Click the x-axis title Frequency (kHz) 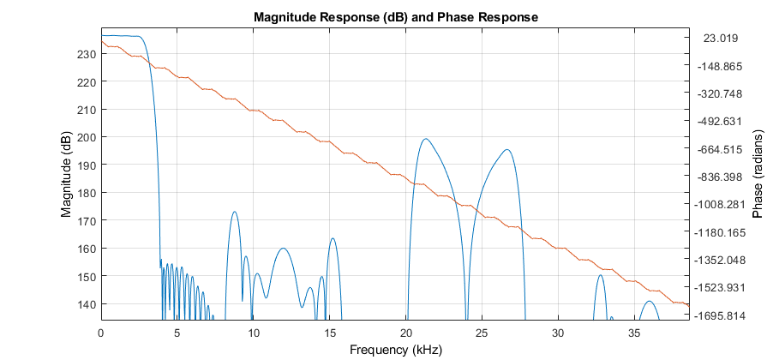click(395, 350)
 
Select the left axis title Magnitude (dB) click(66, 175)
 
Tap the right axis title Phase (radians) click(757, 175)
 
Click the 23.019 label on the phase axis click(721, 38)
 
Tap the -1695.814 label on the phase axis click(721, 315)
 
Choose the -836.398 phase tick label click(721, 177)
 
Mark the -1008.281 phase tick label click(721, 204)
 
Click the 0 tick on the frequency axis click(101, 333)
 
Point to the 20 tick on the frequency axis click(406, 333)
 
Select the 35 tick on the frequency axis click(635, 333)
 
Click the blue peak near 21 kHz click(425, 139)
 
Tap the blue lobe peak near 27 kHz click(508, 150)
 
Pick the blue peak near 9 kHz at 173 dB click(234, 212)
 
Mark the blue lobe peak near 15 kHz click(333, 238)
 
